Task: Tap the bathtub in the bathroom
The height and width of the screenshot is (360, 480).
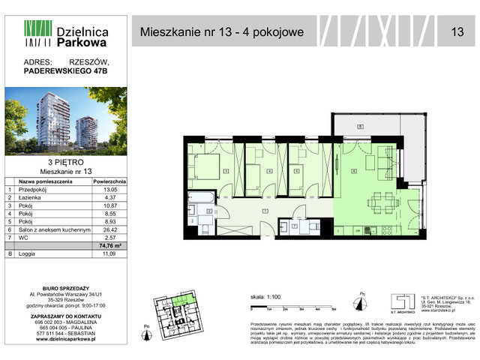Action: pos(200,199)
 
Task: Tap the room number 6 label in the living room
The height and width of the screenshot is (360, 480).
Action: pos(353,171)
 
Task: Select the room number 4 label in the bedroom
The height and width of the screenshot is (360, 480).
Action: pos(269,171)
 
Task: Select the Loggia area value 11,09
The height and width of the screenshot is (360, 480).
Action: pos(114,256)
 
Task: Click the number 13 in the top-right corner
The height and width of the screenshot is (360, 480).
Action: pos(457,31)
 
